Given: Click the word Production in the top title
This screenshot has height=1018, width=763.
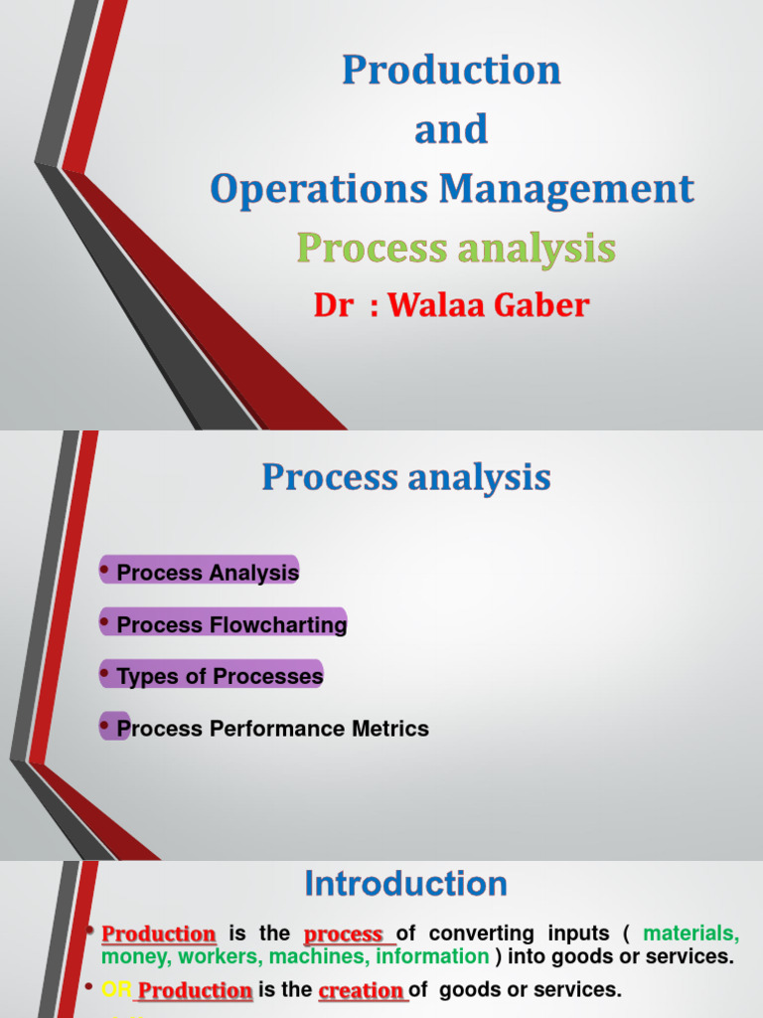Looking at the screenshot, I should tap(452, 71).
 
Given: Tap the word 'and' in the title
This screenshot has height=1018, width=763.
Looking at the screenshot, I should tap(452, 129).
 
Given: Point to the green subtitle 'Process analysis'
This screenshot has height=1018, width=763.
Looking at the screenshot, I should tap(456, 249).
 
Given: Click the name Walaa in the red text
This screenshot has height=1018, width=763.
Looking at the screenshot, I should tap(434, 305).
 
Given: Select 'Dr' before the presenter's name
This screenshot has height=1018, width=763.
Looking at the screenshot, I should tap(333, 306).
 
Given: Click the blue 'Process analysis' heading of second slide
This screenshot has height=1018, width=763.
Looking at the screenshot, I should tap(406, 478).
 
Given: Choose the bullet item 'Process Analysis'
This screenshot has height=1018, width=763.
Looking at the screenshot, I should tap(208, 573).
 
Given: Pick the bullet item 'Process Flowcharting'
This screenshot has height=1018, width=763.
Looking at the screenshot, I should tap(231, 625).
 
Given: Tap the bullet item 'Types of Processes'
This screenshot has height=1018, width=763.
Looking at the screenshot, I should tap(220, 677).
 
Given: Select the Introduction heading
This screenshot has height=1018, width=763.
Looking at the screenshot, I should tap(405, 884).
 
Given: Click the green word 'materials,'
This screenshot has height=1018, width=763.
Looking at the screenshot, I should tap(691, 934).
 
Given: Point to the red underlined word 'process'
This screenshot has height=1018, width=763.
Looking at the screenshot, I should tap(343, 934).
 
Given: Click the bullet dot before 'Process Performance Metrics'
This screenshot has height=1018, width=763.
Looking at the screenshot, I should tap(105, 727).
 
